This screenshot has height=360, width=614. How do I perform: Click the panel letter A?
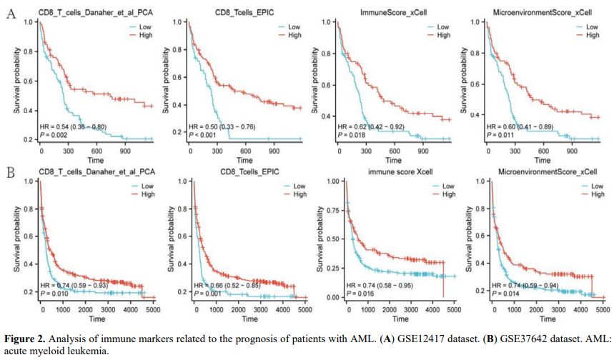click(11, 14)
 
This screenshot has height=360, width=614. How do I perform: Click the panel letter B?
click(11, 173)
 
